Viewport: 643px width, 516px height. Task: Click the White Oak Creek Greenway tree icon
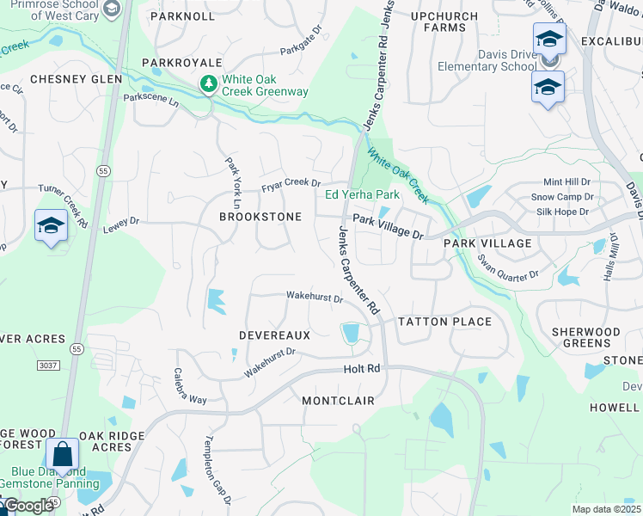pos(207,84)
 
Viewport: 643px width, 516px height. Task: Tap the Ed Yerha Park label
pos(362,194)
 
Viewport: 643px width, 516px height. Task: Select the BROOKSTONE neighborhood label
pos(260,217)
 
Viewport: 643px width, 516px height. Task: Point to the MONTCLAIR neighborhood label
pos(338,401)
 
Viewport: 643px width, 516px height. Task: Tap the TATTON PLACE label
pos(444,322)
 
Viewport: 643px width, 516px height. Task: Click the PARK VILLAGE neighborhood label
pos(487,243)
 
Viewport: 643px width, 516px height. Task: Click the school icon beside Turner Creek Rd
pos(51,226)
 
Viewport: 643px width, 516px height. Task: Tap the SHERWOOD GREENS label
pos(585,337)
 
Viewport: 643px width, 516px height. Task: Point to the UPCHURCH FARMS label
pos(444,21)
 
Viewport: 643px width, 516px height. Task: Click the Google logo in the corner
pos(28,506)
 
